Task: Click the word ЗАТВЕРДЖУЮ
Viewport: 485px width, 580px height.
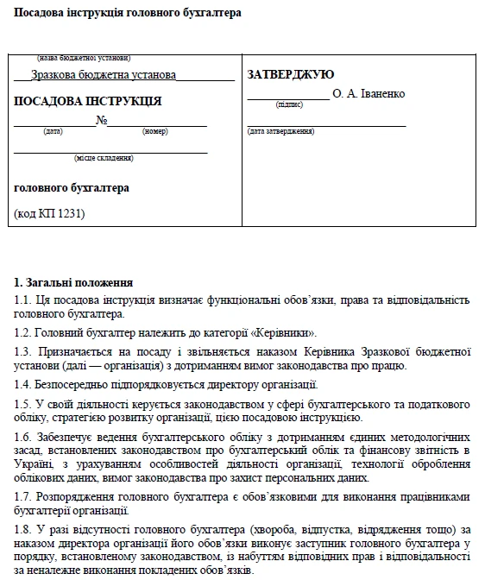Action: coord(291,75)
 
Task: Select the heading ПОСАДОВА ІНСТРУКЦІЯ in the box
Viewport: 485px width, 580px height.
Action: coord(87,101)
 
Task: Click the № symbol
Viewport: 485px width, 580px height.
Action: coord(101,120)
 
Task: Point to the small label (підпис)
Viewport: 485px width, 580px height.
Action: coord(289,104)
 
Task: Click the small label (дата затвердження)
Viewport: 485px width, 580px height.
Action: coord(280,131)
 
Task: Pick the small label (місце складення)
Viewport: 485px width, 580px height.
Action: coord(104,158)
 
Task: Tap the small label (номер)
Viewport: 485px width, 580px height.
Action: coord(154,131)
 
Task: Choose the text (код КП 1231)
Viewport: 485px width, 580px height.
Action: coord(50,212)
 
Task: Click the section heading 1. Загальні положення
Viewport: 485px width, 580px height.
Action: coord(73,282)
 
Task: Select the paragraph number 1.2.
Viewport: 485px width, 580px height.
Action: coord(22,332)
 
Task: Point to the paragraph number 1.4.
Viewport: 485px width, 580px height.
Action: coord(22,384)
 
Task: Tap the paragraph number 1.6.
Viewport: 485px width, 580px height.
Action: coord(22,436)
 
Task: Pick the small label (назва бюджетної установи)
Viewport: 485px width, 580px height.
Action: coord(83,58)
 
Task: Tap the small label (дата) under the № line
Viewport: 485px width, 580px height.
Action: coord(53,131)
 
